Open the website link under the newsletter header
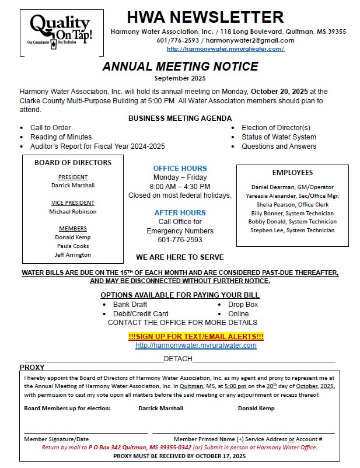(x=225, y=49)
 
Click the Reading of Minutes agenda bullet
(x=61, y=137)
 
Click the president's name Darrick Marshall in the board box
(x=73, y=186)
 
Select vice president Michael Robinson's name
(x=73, y=211)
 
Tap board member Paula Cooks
(x=73, y=246)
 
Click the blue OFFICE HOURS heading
(x=180, y=168)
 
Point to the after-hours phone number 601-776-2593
(x=180, y=240)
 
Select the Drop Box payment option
(x=243, y=305)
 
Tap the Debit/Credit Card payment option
(x=141, y=314)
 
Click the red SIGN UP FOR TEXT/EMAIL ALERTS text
(x=196, y=337)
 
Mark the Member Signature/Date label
(x=57, y=439)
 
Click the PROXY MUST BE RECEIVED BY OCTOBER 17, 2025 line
(x=180, y=456)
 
